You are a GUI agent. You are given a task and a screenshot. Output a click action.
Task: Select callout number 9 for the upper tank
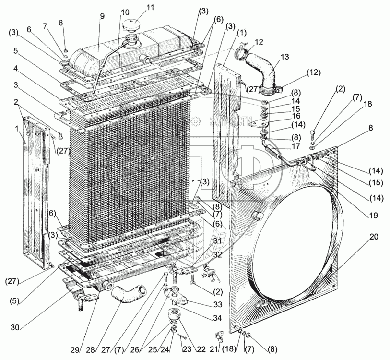coord(102,15)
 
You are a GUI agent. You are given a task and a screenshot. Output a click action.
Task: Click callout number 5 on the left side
coord(16,50)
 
